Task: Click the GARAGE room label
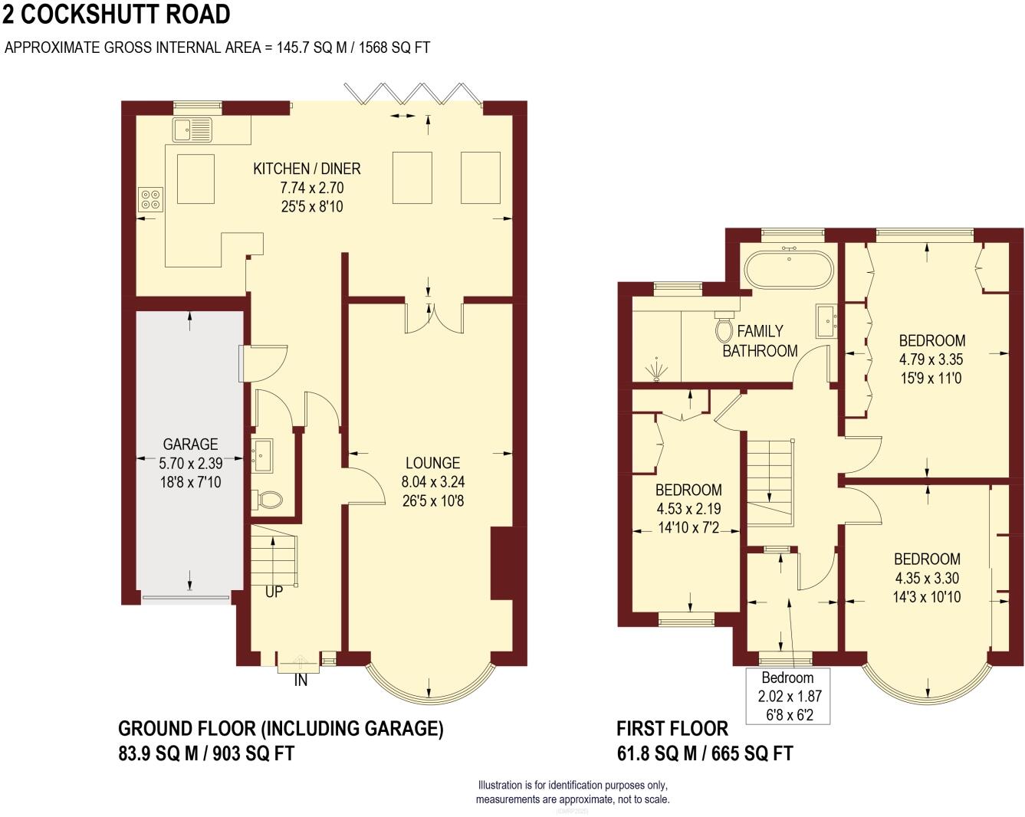(190, 445)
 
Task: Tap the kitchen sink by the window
(192, 130)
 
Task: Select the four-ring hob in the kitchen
(151, 199)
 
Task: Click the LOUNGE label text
(432, 463)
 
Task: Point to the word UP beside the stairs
(274, 592)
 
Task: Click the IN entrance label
(301, 681)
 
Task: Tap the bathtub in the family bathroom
(789, 270)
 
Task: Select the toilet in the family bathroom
(725, 326)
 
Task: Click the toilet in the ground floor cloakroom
(268, 500)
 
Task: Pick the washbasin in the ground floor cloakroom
(262, 454)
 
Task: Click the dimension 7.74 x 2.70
(312, 188)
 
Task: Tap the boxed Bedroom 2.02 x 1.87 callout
(788, 696)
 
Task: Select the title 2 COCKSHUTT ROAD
(117, 14)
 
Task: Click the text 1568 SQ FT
(394, 48)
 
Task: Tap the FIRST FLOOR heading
(672, 728)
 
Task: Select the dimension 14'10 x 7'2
(688, 527)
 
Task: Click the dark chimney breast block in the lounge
(502, 563)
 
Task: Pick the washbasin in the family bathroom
(827, 320)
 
